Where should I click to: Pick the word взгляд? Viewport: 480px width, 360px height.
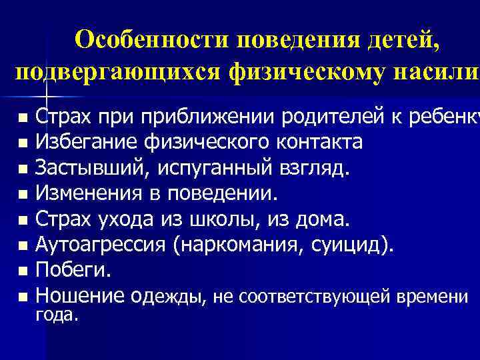pyautogui.click(x=317, y=169)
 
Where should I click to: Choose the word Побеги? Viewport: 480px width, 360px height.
pyautogui.click(x=70, y=271)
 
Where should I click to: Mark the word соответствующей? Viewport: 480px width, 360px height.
pyautogui.click(x=319, y=297)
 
